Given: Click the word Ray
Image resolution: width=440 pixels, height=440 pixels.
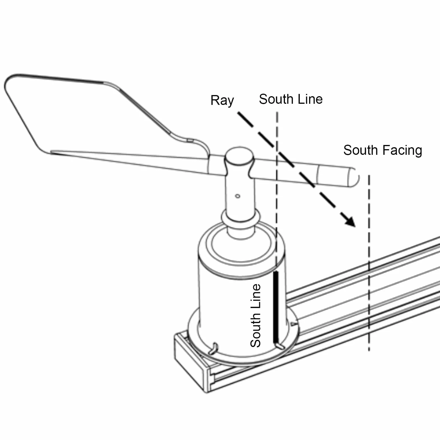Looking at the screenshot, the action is coord(222,101).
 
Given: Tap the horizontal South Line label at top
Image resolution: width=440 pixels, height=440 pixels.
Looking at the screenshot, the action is coord(291,99).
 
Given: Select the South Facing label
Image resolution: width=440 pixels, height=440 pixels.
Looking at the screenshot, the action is coord(383,151).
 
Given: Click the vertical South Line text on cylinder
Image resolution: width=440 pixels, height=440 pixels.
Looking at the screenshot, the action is coord(255,315).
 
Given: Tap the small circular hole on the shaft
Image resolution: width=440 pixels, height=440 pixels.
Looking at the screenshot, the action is coord(238,196).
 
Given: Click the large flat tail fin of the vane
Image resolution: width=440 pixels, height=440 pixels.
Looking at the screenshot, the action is coord(84,118).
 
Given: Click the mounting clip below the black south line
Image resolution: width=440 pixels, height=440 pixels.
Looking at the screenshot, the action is coord(280,346).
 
